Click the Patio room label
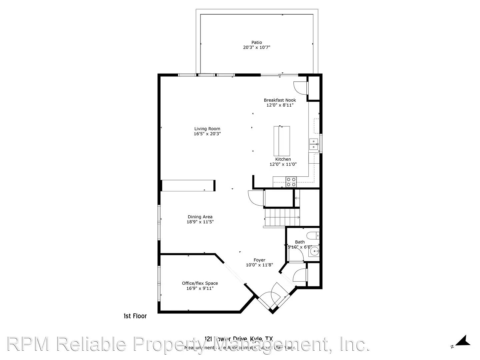click(256, 42)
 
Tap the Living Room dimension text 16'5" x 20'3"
click(207, 134)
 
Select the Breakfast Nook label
click(280, 100)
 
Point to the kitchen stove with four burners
click(291, 182)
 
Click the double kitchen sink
click(314, 144)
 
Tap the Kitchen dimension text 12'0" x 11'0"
click(283, 164)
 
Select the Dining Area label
click(200, 217)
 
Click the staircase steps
click(282, 217)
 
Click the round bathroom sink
click(314, 251)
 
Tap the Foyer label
click(259, 260)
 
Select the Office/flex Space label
click(200, 283)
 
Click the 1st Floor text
click(135, 316)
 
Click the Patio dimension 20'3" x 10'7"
click(256, 47)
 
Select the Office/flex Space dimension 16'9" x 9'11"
click(200, 288)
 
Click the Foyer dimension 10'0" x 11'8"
click(259, 265)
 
